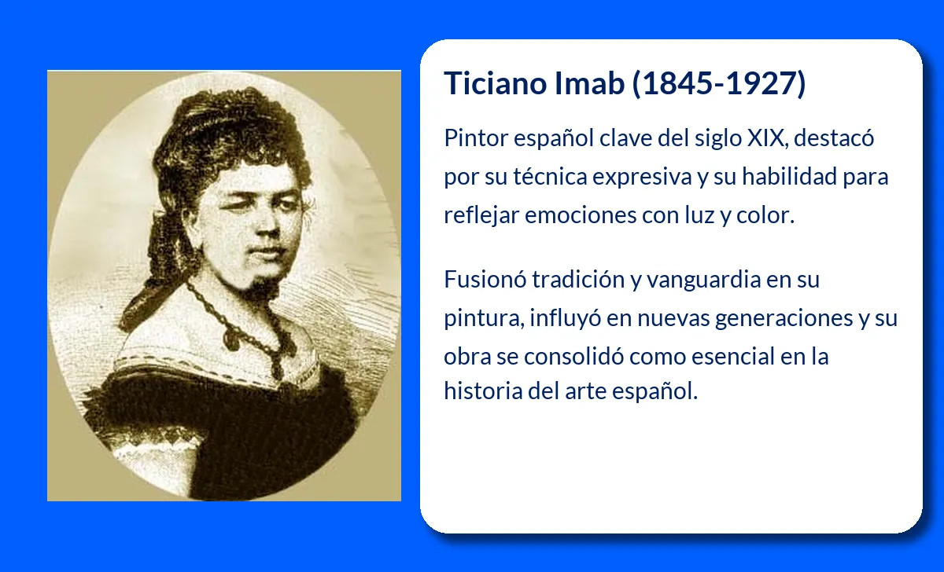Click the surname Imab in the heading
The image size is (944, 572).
(589, 83)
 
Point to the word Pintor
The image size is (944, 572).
(476, 137)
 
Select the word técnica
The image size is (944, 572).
(550, 176)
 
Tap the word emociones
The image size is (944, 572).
(581, 215)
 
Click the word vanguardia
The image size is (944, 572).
(703, 279)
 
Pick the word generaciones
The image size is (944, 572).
(784, 317)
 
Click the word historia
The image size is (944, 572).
(483, 391)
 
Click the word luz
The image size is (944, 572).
(699, 215)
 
